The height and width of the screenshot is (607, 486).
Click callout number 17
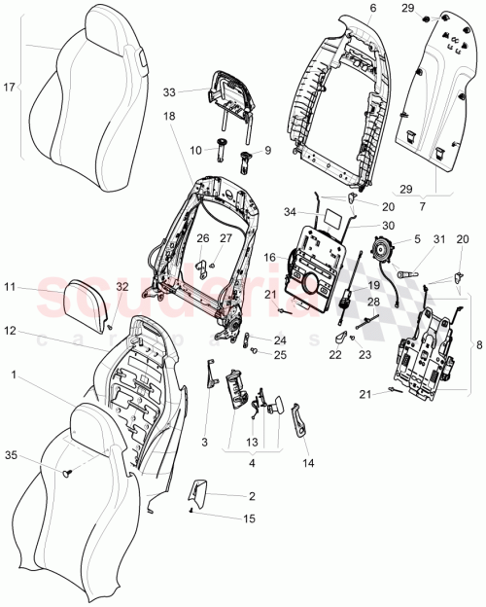pyautogui.click(x=11, y=87)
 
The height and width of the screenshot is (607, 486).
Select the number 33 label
pyautogui.click(x=169, y=92)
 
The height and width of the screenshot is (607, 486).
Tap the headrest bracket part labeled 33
pyautogui.click(x=227, y=91)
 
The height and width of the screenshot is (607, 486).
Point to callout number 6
pyautogui.click(x=345, y=9)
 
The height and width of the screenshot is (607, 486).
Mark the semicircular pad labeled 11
pyautogui.click(x=74, y=298)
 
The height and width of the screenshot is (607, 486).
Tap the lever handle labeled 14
pyautogui.click(x=298, y=424)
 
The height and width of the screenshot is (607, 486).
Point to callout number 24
pyautogui.click(x=280, y=340)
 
